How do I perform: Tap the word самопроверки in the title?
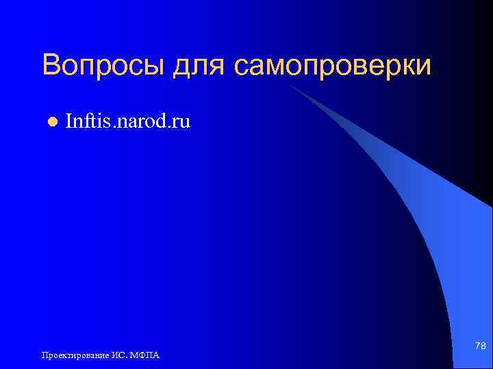coord(333,67)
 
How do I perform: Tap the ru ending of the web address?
coord(181,123)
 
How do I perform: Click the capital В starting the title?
coord(51,66)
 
